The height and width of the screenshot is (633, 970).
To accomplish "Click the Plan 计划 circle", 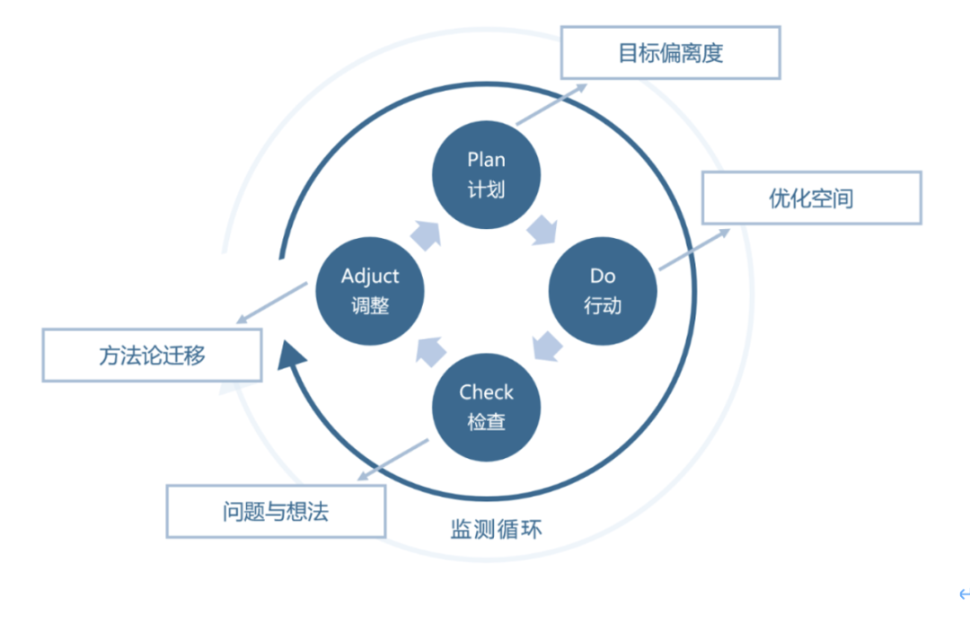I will click(486, 174).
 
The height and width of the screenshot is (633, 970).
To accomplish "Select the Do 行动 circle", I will click(603, 291).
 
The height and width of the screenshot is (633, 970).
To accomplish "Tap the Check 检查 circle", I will click(486, 407).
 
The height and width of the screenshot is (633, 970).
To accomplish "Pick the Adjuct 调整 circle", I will click(370, 291).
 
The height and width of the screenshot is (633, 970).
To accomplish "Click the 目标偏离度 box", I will click(670, 53).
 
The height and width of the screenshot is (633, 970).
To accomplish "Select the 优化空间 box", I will click(811, 198).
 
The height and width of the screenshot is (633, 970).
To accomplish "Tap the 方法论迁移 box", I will click(152, 356).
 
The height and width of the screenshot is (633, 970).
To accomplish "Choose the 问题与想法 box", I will click(276, 512).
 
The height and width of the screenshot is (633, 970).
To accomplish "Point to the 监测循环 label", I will click(496, 529).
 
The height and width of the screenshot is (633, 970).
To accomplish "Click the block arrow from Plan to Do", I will click(542, 231).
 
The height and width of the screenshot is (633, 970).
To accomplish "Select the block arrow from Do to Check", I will click(546, 346).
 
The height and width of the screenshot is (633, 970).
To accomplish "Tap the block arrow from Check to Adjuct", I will click(429, 349).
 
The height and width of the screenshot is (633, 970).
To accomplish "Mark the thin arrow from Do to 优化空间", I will click(694, 249).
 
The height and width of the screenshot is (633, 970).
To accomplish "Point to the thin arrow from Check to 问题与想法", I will click(392, 460).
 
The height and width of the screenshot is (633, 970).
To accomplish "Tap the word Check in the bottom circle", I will click(486, 392).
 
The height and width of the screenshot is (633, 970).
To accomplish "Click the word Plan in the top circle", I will click(486, 160).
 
